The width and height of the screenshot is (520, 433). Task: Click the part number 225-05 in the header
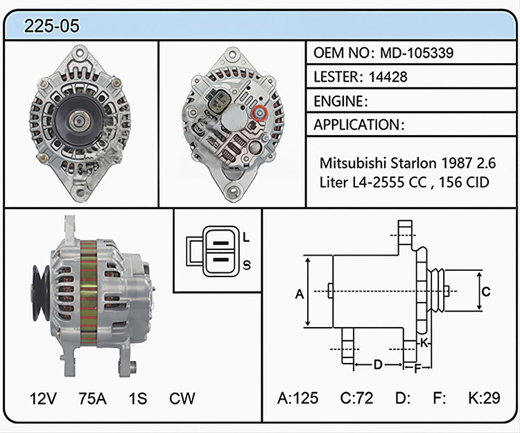[x=52, y=26]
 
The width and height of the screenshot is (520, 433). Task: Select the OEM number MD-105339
[x=417, y=53]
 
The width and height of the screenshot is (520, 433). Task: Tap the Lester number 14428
[x=388, y=77]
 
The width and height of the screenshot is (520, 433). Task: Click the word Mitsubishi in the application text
[x=353, y=163]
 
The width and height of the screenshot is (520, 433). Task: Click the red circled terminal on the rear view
[x=259, y=114]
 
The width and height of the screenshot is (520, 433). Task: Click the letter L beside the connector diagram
[x=246, y=237]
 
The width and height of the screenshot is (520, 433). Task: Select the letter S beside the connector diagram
[x=247, y=265]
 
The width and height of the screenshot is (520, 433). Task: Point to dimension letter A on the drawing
[x=300, y=294]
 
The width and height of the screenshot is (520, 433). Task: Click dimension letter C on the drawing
[x=486, y=292]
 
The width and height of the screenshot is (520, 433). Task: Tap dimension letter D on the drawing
[x=378, y=364]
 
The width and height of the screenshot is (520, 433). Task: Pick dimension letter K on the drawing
[x=424, y=343]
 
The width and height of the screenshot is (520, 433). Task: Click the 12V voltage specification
[x=43, y=398]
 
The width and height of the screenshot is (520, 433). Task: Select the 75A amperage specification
[x=92, y=398]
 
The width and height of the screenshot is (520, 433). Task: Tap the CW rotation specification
[x=182, y=398]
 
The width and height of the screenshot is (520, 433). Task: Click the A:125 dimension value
[x=298, y=398]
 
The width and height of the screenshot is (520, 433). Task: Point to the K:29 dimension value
[x=484, y=398]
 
